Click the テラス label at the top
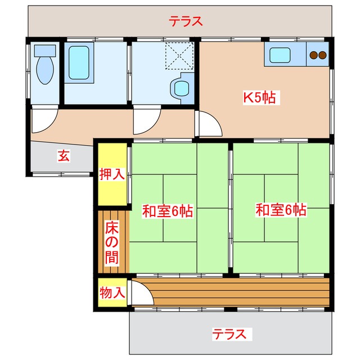(x=185, y=22)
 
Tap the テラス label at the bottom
(x=229, y=334)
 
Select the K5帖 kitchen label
(x=259, y=97)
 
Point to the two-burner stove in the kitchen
(x=318, y=55)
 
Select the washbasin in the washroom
(x=181, y=88)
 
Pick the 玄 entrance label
(x=64, y=156)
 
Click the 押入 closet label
(x=112, y=174)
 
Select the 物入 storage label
(x=112, y=292)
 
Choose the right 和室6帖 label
(x=281, y=210)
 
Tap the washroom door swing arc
(x=146, y=120)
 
